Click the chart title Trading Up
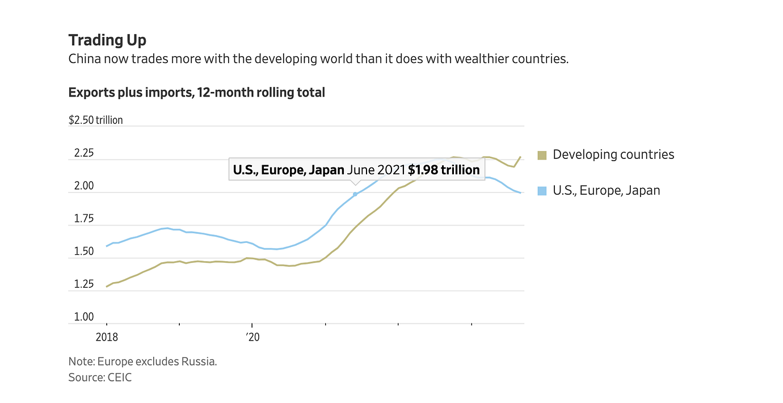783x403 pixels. (x=107, y=40)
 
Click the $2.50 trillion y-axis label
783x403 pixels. (x=95, y=120)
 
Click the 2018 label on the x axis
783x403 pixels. (x=107, y=337)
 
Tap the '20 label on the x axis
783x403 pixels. (x=252, y=337)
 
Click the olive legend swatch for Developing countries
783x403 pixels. (x=542, y=155)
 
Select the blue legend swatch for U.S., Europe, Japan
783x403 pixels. (x=542, y=191)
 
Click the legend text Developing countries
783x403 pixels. (x=613, y=154)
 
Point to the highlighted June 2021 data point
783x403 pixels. (x=355, y=194)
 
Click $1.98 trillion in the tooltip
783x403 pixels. (x=444, y=170)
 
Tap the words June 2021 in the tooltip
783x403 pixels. (x=376, y=170)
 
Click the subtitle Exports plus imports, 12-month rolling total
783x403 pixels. (x=196, y=93)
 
